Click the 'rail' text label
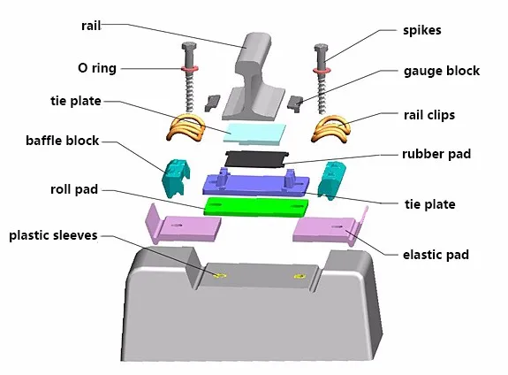coord(91,26)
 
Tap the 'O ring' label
coord(97,68)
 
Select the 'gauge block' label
coord(441,71)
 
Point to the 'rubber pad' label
coord(436,154)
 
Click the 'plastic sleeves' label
coord(53,235)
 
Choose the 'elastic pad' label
coord(436,255)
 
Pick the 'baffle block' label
coord(62,141)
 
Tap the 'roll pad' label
coord(74,189)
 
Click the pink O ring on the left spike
coord(190,69)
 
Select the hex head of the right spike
coord(321,49)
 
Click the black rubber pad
coord(256,159)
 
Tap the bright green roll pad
coord(256,206)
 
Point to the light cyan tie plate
coord(255,134)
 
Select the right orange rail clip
coord(330,129)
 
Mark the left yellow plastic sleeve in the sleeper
coord(220,276)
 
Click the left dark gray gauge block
coord(212,103)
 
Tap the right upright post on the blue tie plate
coord(289,178)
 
